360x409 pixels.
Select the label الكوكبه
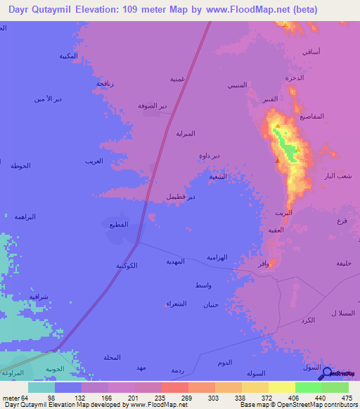pos(126,265)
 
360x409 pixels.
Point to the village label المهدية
pos(174,261)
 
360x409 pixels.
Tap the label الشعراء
pos(176,303)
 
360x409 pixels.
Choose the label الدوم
pos(225,362)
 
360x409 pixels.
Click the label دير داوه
pos(209,155)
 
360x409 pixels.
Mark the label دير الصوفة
pos(153,105)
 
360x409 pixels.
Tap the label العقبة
pos(276,230)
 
